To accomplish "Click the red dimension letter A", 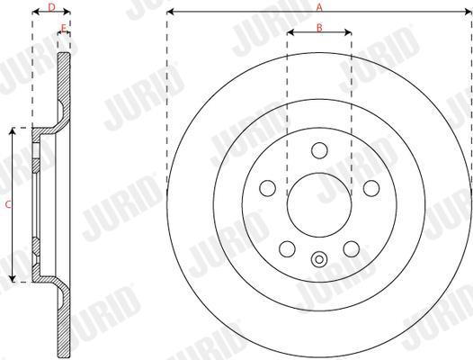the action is tap(319, 7).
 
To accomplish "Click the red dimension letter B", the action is tap(319, 28).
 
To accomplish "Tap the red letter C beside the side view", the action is tap(8, 204).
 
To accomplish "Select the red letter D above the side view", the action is tap(52, 7).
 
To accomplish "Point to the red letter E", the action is tap(63, 29).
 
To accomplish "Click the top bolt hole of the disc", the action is tap(319, 150).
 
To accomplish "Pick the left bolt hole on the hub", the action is tap(268, 188).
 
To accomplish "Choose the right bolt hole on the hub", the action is tap(371, 188).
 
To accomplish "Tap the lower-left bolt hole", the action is tap(287, 249).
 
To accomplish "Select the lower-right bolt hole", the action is tap(352, 249).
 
